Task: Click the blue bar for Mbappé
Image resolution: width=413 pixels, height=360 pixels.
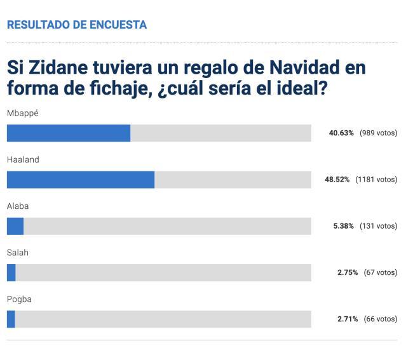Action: click(69, 133)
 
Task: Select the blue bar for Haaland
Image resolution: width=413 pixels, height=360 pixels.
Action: click(81, 180)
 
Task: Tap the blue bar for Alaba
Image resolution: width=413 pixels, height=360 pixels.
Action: click(15, 226)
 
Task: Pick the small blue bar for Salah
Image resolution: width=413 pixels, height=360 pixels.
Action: click(11, 272)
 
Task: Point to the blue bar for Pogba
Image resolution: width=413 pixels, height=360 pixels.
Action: click(11, 319)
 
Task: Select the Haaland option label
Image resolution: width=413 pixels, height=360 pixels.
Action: click(23, 159)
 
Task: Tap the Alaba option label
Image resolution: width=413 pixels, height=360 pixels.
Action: click(18, 206)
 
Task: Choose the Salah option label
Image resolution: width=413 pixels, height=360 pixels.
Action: click(17, 252)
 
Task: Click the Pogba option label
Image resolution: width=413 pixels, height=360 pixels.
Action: click(19, 298)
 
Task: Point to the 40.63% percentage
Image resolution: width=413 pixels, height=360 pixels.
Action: click(341, 133)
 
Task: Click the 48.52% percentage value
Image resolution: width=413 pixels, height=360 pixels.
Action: click(337, 180)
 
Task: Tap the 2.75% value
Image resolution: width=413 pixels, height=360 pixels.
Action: click(348, 272)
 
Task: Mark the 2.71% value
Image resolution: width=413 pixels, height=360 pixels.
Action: click(348, 319)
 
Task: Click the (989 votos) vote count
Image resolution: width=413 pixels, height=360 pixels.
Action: click(378, 133)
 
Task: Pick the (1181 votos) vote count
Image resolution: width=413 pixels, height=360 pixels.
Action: click(376, 180)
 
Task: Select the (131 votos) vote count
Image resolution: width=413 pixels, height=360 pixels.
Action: click(378, 226)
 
